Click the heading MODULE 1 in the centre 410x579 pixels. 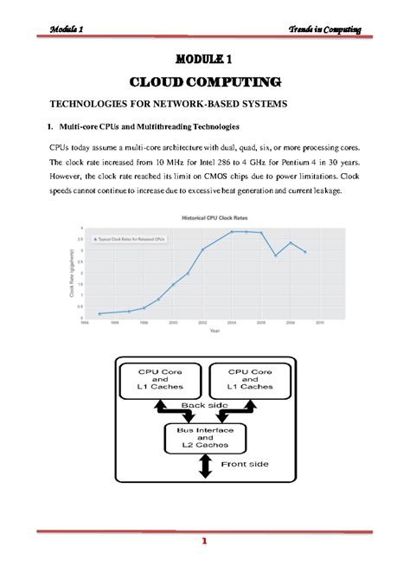204,60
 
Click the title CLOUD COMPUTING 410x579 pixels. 204,82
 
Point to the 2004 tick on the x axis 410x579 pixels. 232,323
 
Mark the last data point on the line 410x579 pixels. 305,252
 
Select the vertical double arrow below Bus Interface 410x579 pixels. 205,466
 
